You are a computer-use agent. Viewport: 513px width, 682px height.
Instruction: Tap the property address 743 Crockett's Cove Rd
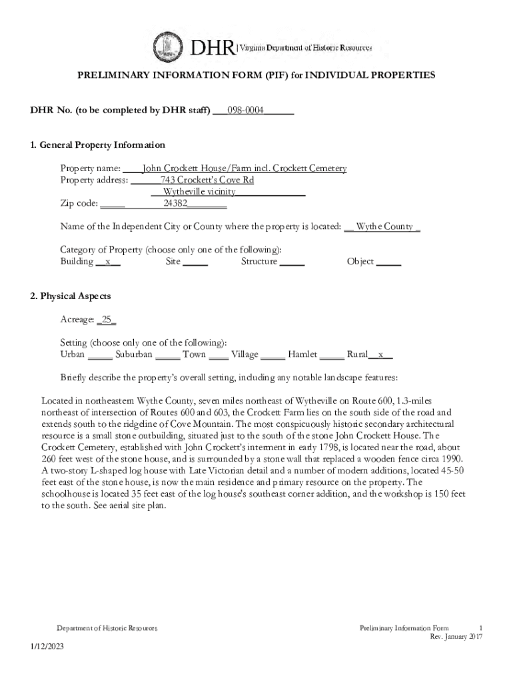point(207,180)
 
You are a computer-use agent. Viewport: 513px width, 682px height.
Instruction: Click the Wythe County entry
point(384,226)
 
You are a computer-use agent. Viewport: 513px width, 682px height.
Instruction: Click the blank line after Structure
point(292,262)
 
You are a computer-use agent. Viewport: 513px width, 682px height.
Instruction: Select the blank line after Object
point(389,262)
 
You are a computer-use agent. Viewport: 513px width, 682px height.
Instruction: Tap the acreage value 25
point(107,320)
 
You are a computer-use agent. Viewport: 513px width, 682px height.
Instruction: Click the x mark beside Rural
point(380,355)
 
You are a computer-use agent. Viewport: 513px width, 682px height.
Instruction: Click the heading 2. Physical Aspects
point(71,296)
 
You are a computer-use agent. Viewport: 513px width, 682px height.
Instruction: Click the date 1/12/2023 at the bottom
point(47,647)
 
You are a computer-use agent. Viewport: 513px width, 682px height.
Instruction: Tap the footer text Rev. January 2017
point(456,637)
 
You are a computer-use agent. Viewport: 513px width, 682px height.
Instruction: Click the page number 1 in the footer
point(480,628)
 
